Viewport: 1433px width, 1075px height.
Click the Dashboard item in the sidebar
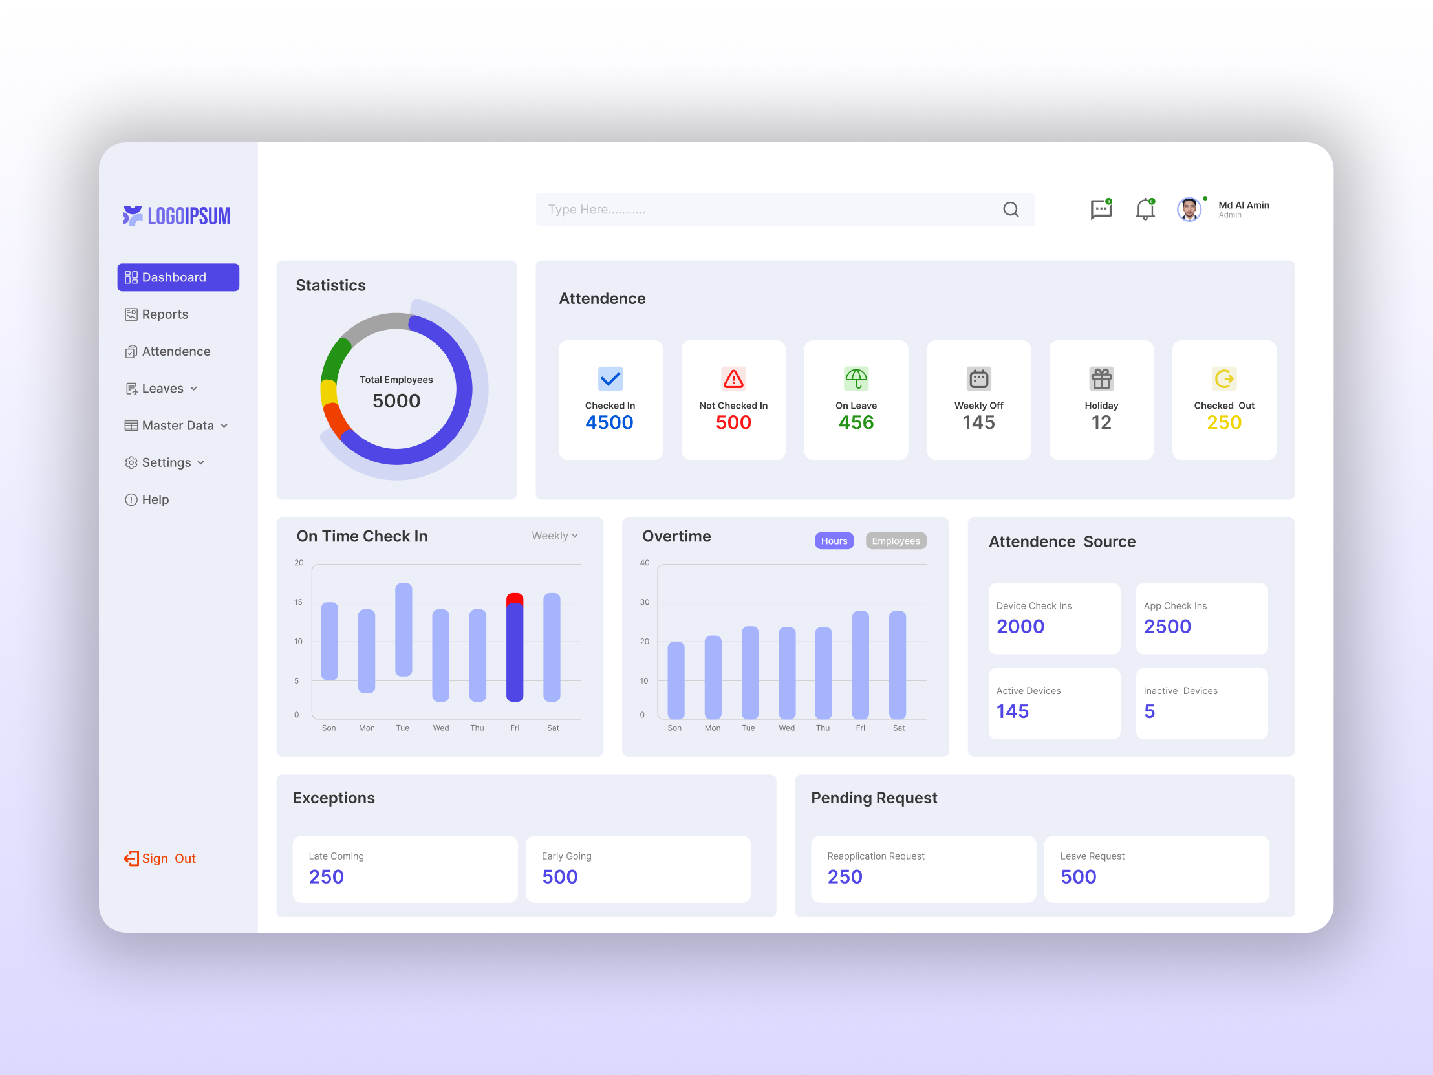click(178, 277)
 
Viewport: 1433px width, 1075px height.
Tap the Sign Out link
click(160, 858)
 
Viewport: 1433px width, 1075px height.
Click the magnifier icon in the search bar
click(1011, 210)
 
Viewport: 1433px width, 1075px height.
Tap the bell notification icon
click(1145, 209)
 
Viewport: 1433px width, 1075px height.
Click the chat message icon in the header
click(1101, 210)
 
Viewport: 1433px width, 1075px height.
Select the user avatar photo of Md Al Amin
click(1189, 210)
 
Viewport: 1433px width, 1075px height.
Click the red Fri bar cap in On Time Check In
click(514, 598)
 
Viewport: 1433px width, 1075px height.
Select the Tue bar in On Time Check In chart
click(404, 629)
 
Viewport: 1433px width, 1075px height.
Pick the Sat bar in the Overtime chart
click(898, 664)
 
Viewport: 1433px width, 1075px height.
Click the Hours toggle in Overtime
click(834, 541)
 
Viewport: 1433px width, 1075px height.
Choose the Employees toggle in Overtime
click(895, 541)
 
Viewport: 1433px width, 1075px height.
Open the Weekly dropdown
click(555, 536)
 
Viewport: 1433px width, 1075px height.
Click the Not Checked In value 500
click(733, 422)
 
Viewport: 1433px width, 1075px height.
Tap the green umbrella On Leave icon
click(856, 378)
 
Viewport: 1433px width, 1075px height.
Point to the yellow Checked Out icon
click(1223, 378)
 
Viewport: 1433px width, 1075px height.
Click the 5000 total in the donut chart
click(396, 400)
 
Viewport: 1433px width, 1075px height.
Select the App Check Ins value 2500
click(1167, 627)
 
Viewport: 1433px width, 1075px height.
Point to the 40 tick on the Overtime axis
click(645, 563)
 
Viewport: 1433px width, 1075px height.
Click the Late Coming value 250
click(327, 876)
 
